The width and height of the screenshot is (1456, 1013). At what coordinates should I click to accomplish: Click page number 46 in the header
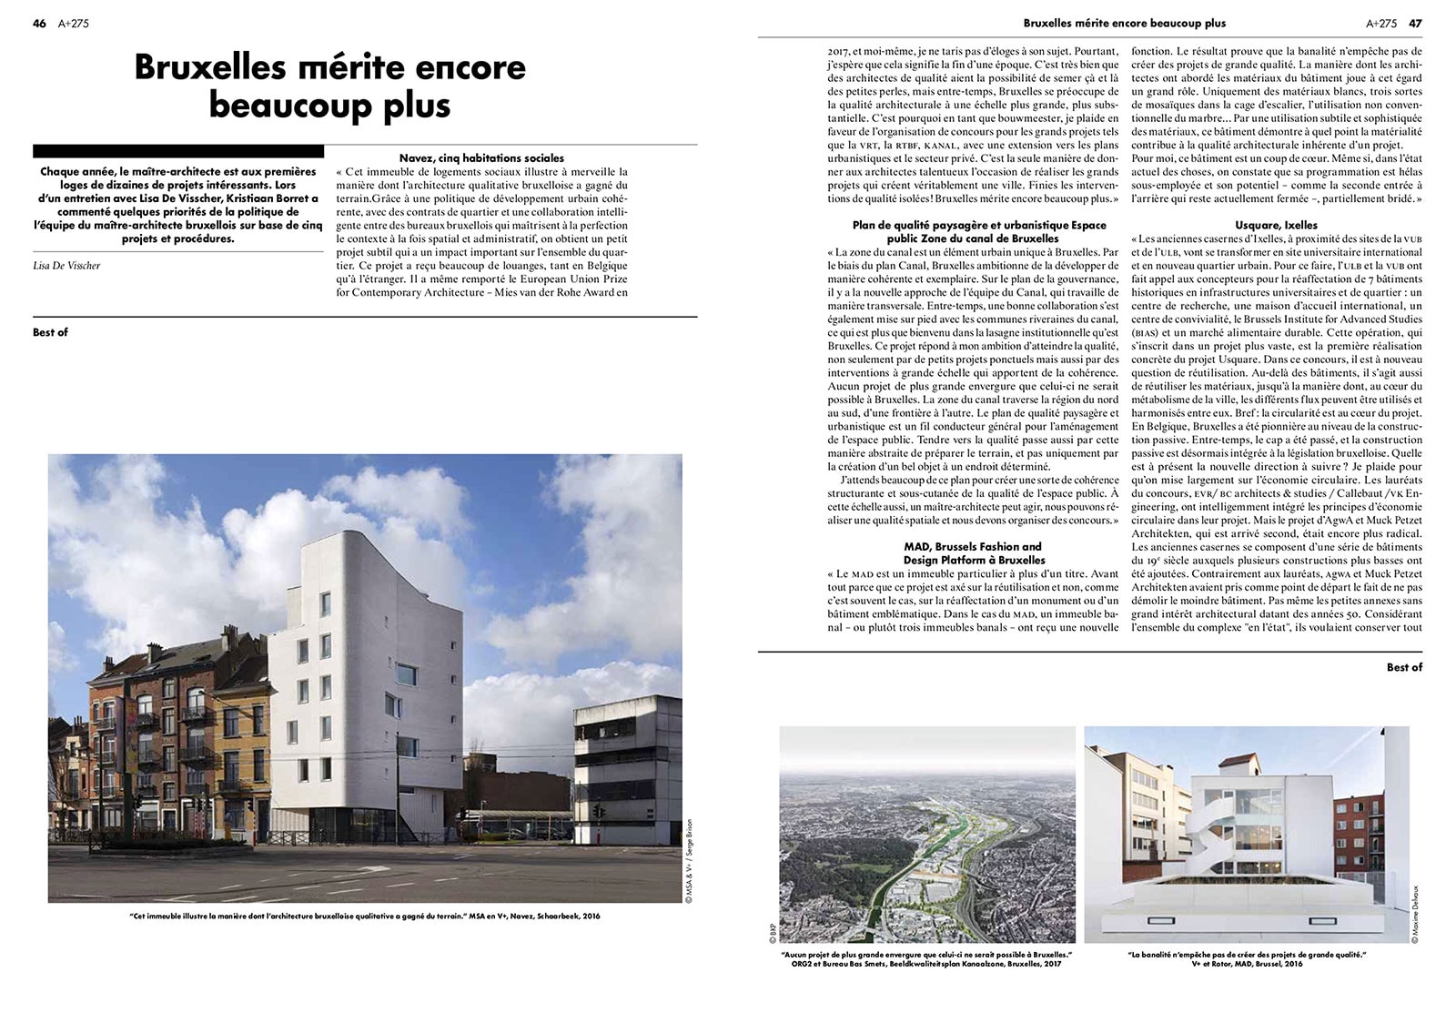coord(39,24)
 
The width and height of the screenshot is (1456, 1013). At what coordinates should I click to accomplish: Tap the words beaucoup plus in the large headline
coord(329,105)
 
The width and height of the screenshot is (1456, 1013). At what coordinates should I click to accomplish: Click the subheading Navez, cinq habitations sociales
coord(481,158)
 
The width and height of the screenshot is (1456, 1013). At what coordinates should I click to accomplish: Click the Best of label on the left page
coord(50,332)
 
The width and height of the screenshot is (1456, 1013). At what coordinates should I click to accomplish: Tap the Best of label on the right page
coord(1403,667)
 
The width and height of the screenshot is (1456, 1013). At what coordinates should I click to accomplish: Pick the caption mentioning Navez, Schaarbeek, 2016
coord(365,916)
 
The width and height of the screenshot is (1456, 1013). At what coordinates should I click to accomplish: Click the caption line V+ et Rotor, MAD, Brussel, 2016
coord(1247,963)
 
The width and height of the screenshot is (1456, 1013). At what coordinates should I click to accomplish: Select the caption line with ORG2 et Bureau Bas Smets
coord(925,963)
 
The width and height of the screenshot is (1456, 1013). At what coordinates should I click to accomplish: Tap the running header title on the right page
coord(1124,24)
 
